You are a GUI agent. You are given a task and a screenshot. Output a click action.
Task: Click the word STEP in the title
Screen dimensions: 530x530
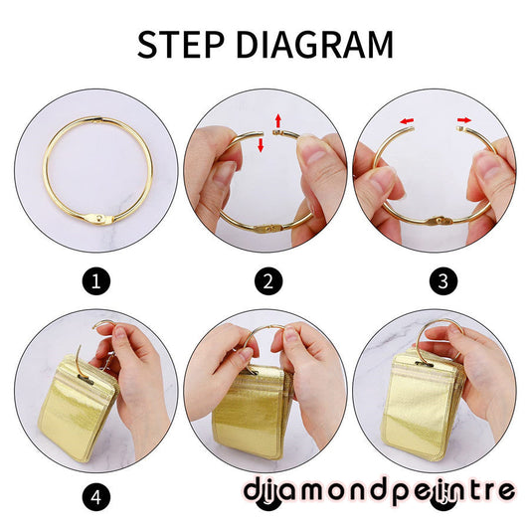(x=181, y=45)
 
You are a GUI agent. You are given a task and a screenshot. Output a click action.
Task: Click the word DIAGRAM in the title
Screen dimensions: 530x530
(x=314, y=45)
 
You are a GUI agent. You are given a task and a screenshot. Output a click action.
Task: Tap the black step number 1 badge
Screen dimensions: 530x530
(x=96, y=281)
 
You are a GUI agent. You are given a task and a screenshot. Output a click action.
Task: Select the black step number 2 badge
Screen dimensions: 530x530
(x=268, y=281)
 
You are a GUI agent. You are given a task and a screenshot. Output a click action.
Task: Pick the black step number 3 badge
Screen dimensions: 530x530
(x=443, y=281)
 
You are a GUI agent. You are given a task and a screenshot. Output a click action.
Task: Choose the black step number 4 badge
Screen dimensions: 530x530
(x=96, y=497)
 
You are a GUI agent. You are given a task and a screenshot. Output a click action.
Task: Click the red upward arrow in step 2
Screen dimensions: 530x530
(x=277, y=120)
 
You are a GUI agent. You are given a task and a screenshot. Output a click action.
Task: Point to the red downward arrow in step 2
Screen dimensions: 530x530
(x=261, y=145)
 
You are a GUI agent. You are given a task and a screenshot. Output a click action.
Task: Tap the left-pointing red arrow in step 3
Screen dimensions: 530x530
(x=407, y=121)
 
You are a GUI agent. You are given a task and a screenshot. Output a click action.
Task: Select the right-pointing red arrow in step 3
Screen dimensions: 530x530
(x=464, y=120)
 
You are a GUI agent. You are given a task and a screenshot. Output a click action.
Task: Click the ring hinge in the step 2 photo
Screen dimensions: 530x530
(x=269, y=229)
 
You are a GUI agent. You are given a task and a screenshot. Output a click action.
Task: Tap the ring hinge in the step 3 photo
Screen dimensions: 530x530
(x=439, y=222)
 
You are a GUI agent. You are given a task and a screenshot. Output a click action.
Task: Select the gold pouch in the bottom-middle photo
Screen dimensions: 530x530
(x=252, y=413)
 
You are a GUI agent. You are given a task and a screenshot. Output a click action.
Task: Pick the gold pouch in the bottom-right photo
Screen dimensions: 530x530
(x=424, y=406)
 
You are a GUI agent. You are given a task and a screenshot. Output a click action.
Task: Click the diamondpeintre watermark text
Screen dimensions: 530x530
(x=379, y=490)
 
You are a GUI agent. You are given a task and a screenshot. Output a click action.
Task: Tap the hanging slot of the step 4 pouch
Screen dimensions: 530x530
(x=87, y=380)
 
